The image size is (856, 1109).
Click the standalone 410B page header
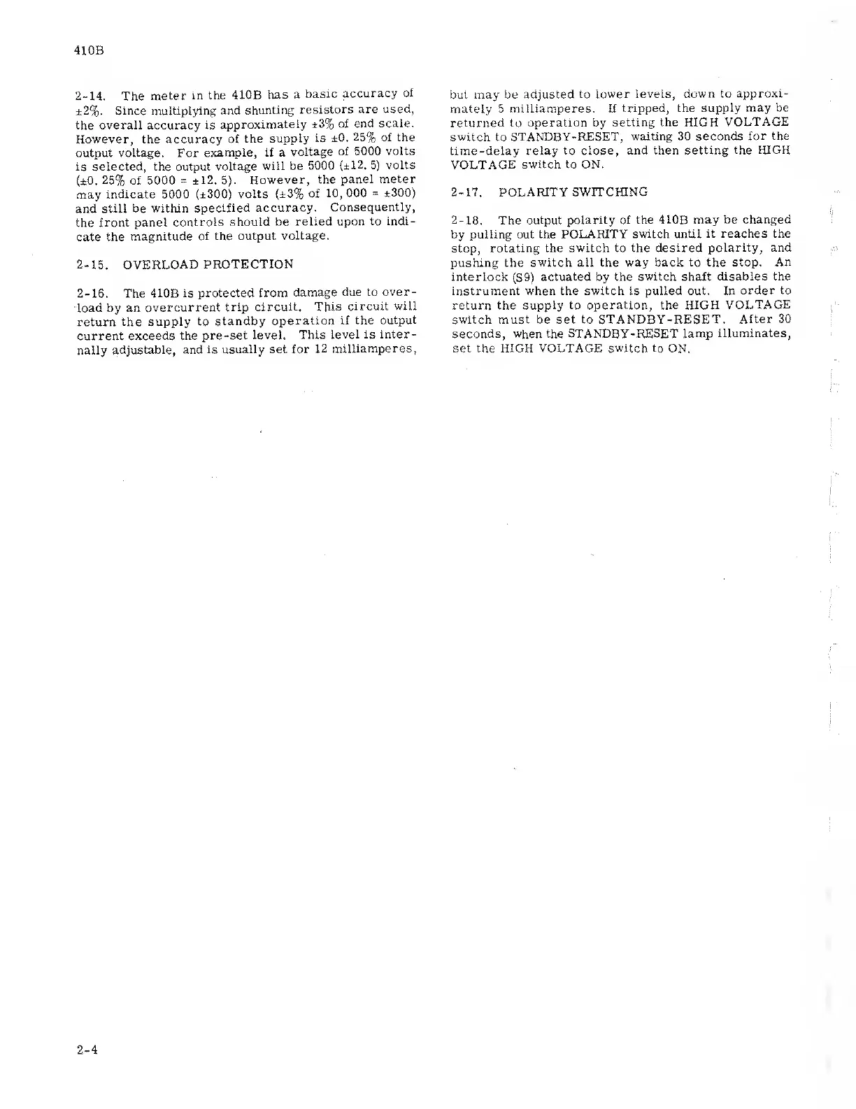pyautogui.click(x=88, y=51)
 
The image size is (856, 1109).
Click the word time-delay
pyautogui.click(x=483, y=150)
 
